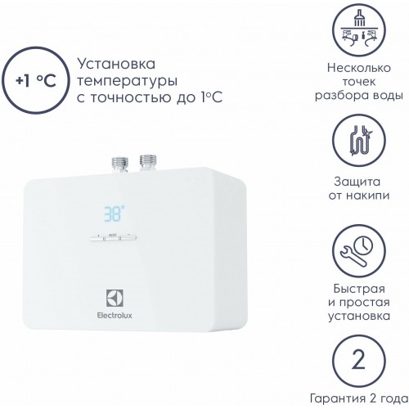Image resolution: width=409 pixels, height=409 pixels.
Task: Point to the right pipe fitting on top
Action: [x=148, y=161]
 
